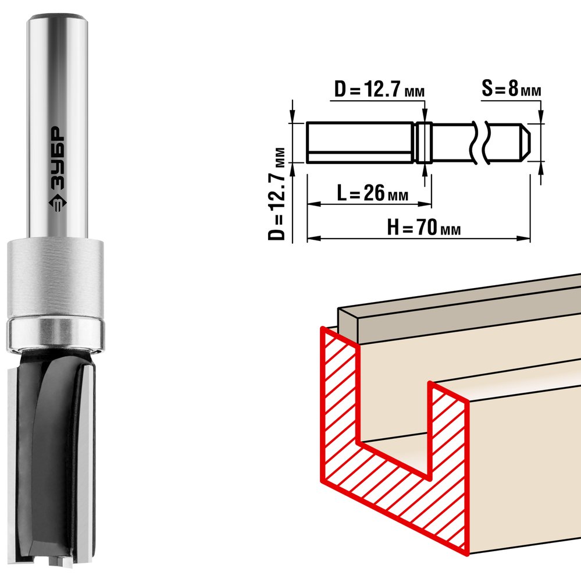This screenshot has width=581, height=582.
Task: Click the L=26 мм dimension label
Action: (x=372, y=193)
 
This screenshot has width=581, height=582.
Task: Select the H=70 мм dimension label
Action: (x=424, y=227)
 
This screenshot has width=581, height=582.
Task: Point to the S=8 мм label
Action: (x=511, y=88)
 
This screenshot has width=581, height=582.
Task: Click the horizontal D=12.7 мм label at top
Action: (x=379, y=89)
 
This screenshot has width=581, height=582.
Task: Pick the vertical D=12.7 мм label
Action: (x=277, y=194)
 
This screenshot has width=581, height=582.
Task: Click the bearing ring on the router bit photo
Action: (x=56, y=333)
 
